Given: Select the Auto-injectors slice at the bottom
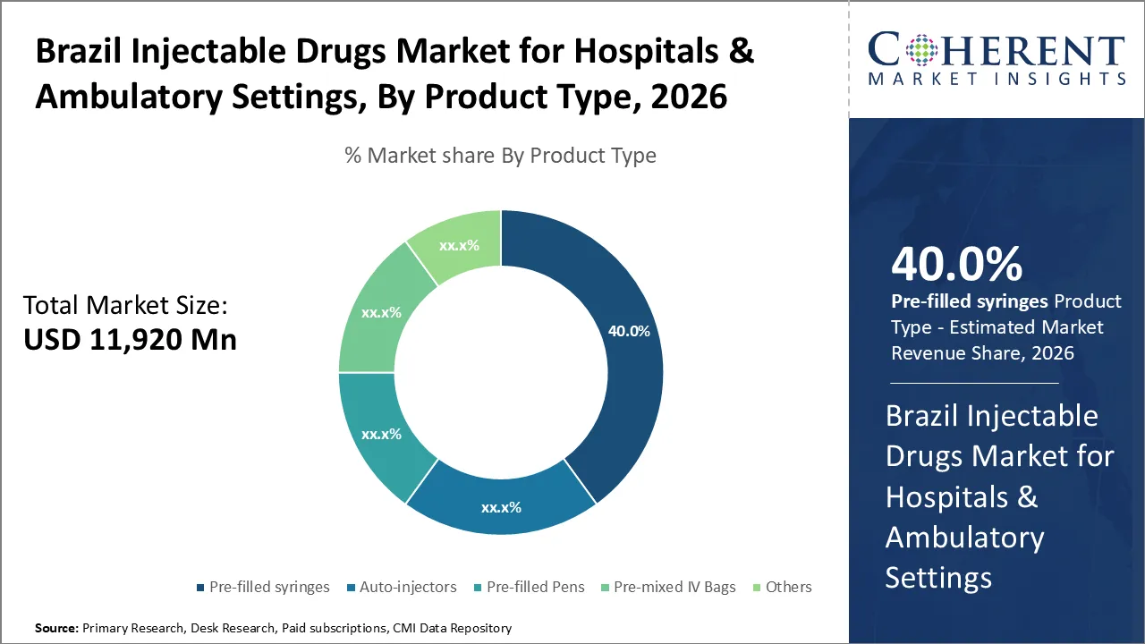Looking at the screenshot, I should pos(501,505).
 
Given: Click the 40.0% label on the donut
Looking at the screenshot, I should pos(629,330).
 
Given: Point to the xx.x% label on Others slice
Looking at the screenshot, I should pos(459,245).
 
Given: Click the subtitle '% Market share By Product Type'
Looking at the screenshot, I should pos(500,156).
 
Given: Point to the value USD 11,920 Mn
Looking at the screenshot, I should pos(130,340).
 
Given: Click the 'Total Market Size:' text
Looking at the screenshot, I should pos(126,306).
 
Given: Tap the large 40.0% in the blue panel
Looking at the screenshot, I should pos(956,265).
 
